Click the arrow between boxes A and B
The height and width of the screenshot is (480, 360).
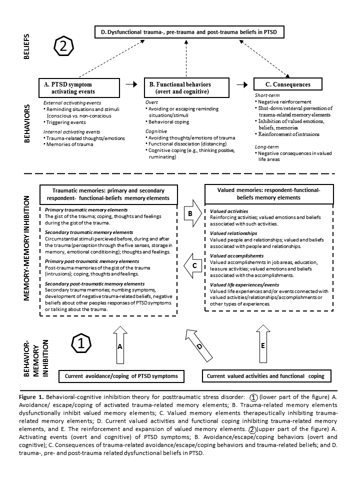click(131, 84)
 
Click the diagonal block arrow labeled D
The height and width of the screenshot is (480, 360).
click(199, 345)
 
